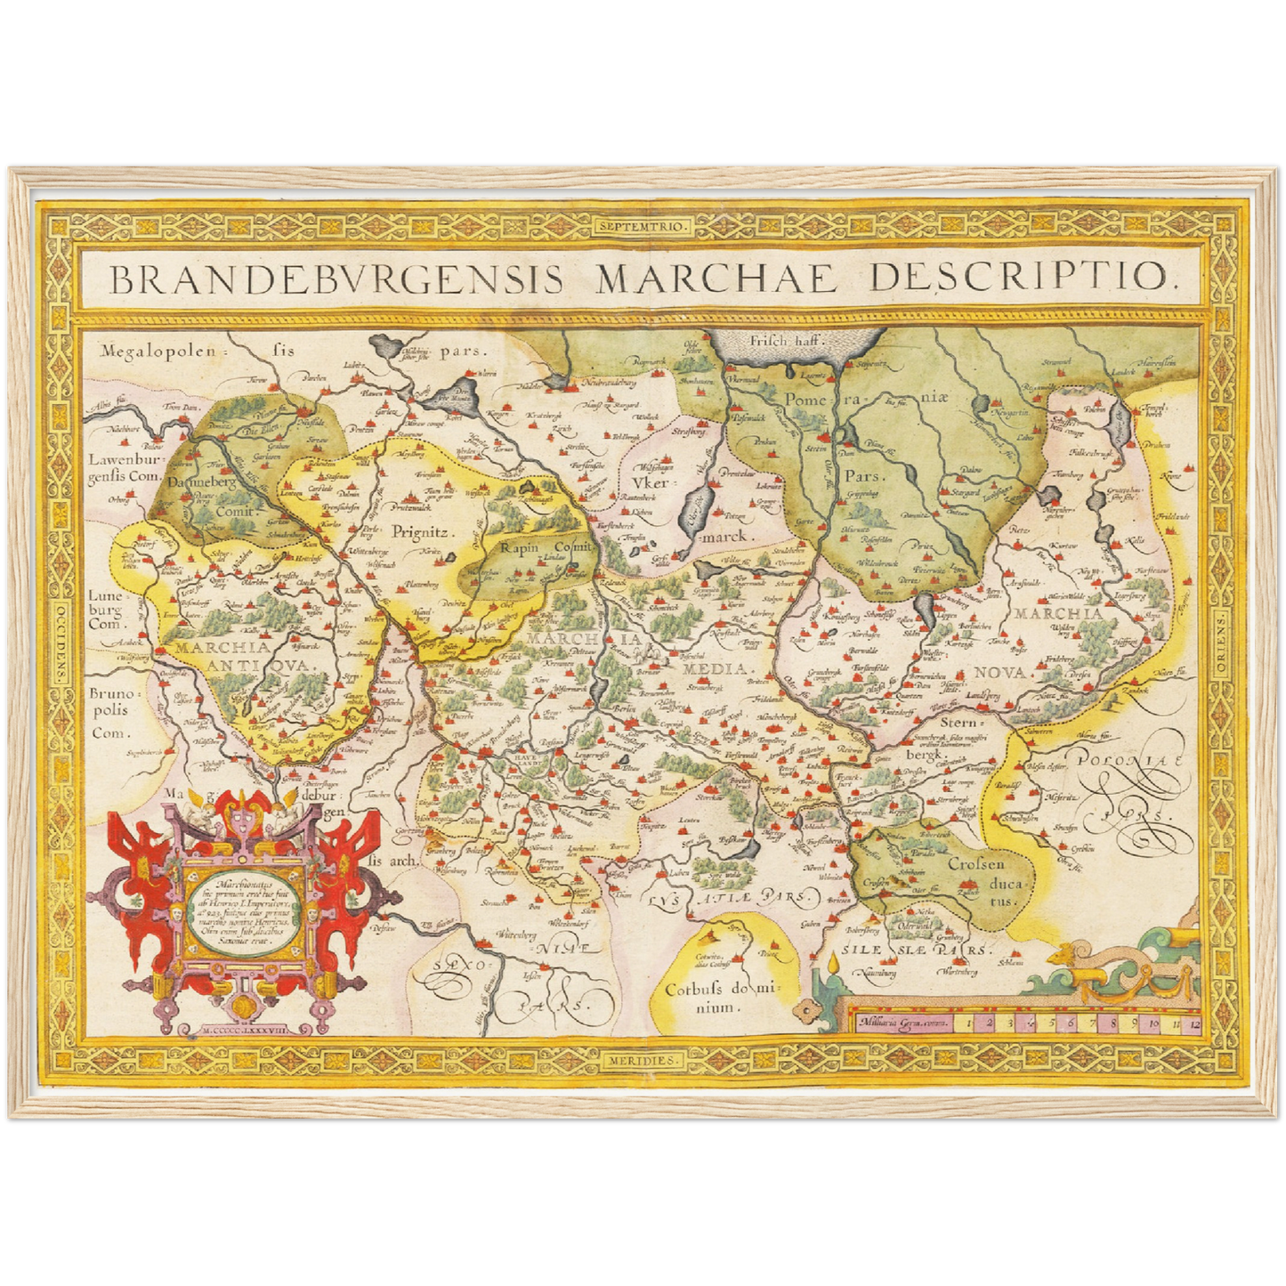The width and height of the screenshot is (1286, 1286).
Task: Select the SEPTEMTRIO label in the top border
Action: (x=643, y=226)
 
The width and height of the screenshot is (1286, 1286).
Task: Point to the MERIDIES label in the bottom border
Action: (x=644, y=1061)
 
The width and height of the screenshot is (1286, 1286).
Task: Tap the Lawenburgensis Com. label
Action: (x=123, y=468)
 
